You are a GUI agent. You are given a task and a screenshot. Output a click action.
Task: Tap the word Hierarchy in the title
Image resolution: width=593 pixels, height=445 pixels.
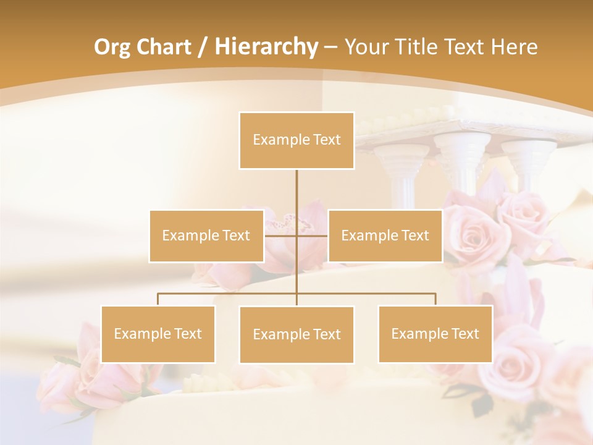click(266, 47)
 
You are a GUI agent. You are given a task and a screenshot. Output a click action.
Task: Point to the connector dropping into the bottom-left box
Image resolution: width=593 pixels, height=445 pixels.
click(158, 300)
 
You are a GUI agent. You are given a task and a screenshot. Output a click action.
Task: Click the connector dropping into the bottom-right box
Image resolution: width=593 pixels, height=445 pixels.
click(435, 300)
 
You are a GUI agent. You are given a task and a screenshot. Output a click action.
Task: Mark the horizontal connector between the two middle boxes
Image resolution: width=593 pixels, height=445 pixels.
click(281, 235)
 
